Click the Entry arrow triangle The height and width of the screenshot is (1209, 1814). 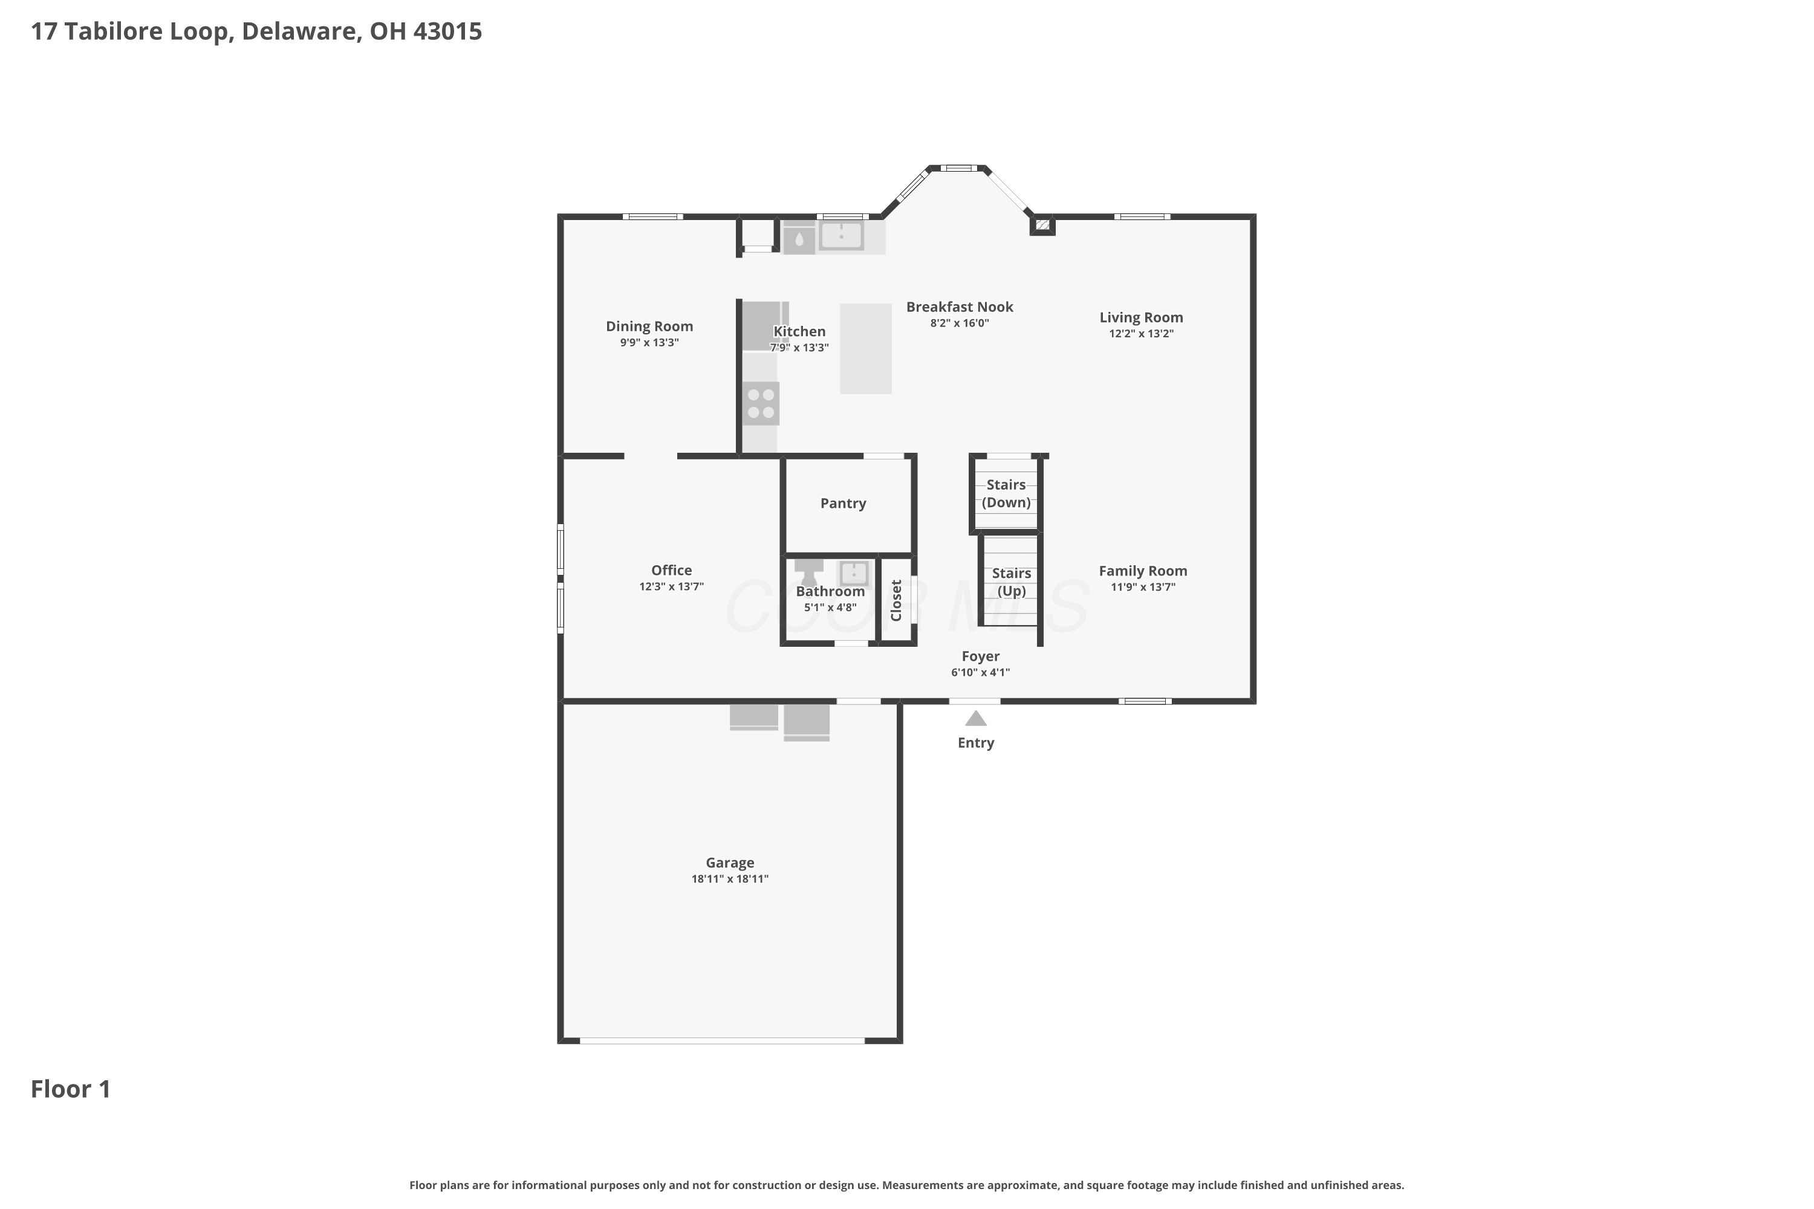click(x=976, y=719)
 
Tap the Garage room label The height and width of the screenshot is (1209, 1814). click(x=730, y=863)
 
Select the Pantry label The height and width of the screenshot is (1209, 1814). click(x=843, y=504)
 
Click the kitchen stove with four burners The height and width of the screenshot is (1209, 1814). click(x=761, y=403)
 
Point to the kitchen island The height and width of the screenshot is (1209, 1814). click(x=865, y=349)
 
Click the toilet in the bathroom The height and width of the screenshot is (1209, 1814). click(x=809, y=572)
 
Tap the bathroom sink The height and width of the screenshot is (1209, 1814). click(x=854, y=574)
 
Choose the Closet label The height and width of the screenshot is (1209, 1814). click(x=896, y=600)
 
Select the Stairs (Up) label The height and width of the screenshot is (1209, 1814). click(x=1011, y=582)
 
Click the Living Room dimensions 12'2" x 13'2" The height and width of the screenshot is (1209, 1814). click(x=1142, y=334)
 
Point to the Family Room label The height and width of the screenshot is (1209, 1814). click(x=1143, y=571)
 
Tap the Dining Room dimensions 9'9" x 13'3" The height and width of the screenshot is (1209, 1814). click(x=649, y=342)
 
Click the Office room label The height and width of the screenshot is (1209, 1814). click(x=671, y=571)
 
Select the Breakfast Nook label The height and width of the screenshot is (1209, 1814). click(x=960, y=307)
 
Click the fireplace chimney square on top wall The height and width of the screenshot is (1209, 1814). click(x=1042, y=224)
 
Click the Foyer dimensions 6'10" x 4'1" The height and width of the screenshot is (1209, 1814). click(x=980, y=672)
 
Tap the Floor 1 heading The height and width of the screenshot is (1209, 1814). click(x=71, y=1089)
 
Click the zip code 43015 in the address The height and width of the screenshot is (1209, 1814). click(x=447, y=31)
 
